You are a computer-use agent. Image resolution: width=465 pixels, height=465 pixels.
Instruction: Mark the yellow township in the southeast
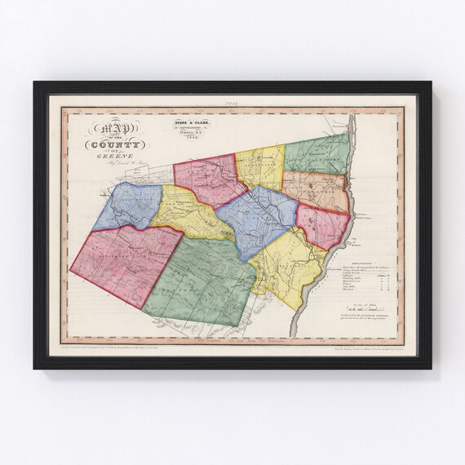tap(285, 262)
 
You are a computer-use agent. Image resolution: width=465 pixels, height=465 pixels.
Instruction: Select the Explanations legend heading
tap(358, 264)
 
